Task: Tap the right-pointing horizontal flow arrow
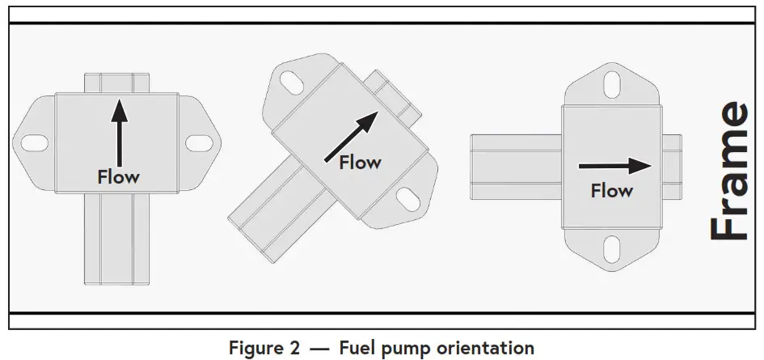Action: click(615, 165)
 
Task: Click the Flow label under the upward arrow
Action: click(118, 176)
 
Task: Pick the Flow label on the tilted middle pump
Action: click(360, 163)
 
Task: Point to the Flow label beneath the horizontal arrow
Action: click(612, 192)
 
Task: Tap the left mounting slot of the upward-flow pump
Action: click(35, 143)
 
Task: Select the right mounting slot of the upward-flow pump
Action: click(199, 143)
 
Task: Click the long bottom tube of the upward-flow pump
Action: click(118, 239)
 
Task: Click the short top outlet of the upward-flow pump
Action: click(118, 82)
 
